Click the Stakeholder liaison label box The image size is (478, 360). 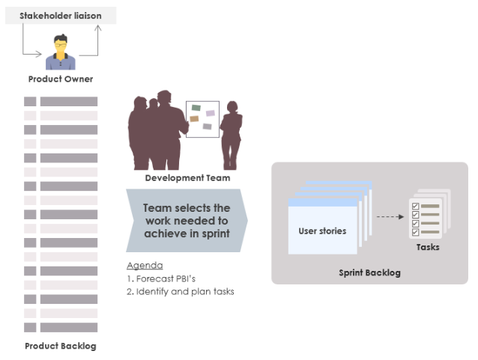click(61, 15)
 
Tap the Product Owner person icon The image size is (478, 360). click(61, 52)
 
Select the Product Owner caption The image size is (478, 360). click(61, 79)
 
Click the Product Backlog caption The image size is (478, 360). click(61, 346)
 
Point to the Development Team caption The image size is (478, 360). click(187, 178)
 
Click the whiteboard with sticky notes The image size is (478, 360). click(202, 120)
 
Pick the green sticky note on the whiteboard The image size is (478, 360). click(196, 108)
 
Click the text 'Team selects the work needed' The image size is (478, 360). click(187, 221)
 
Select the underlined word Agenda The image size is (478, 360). click(145, 266)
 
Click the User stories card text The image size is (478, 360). click(322, 231)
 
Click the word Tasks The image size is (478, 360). click(428, 247)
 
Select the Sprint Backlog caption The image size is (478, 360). click(369, 272)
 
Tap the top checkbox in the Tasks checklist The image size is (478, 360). click(416, 207)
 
